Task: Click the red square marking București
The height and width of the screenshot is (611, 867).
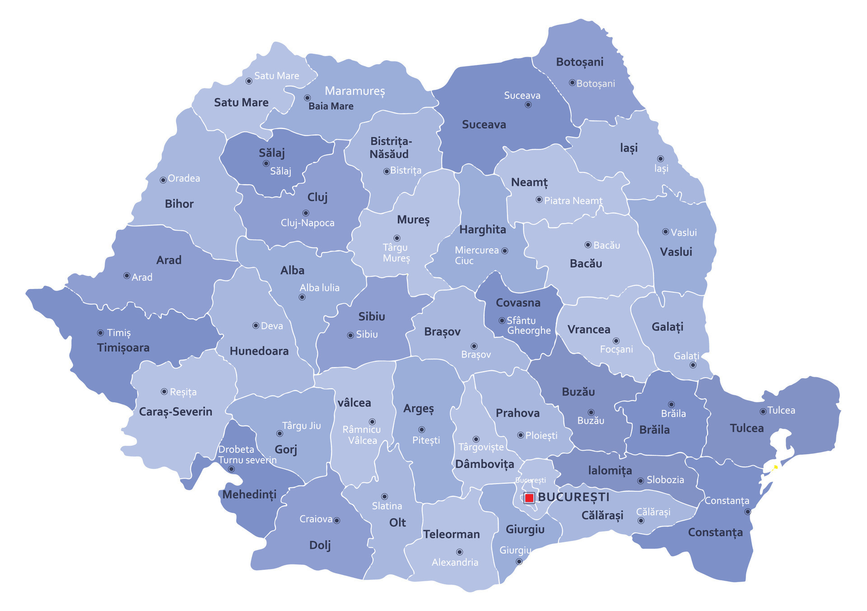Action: (529, 498)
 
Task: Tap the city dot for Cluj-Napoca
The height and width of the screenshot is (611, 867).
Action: (306, 213)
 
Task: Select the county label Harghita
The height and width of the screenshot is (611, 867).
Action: (482, 229)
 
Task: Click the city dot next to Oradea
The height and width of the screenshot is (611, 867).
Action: (163, 180)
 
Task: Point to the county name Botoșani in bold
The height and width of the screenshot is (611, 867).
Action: (579, 62)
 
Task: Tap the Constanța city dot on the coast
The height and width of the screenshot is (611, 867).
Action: (747, 512)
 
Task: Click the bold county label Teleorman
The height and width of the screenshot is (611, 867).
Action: (451, 534)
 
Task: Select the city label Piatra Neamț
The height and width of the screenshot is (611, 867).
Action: (573, 201)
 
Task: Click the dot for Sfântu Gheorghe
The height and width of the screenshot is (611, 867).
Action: (502, 320)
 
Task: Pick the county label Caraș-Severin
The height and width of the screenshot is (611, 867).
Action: (175, 411)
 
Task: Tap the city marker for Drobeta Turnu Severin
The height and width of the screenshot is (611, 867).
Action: (231, 469)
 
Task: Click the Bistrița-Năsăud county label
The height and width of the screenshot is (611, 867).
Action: (390, 148)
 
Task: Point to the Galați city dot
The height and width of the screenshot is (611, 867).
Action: (693, 365)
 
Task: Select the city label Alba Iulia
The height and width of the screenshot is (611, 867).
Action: (319, 288)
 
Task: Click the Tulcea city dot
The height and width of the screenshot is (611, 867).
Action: (763, 411)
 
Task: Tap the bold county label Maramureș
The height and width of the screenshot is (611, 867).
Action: (355, 91)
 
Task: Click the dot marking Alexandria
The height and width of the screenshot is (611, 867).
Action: (459, 552)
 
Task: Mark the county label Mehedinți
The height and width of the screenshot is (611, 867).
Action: (249, 494)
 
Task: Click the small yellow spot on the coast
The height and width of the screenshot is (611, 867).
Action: (775, 467)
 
